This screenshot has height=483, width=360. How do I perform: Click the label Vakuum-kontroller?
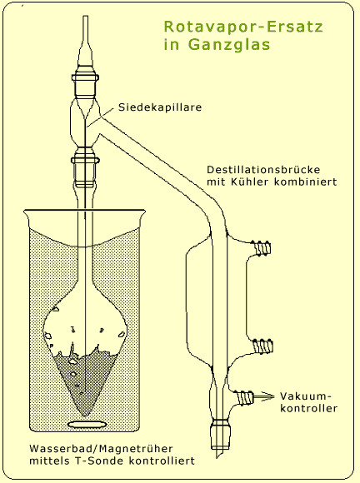pos(310,403)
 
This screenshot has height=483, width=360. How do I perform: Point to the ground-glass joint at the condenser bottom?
pos(224,430)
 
